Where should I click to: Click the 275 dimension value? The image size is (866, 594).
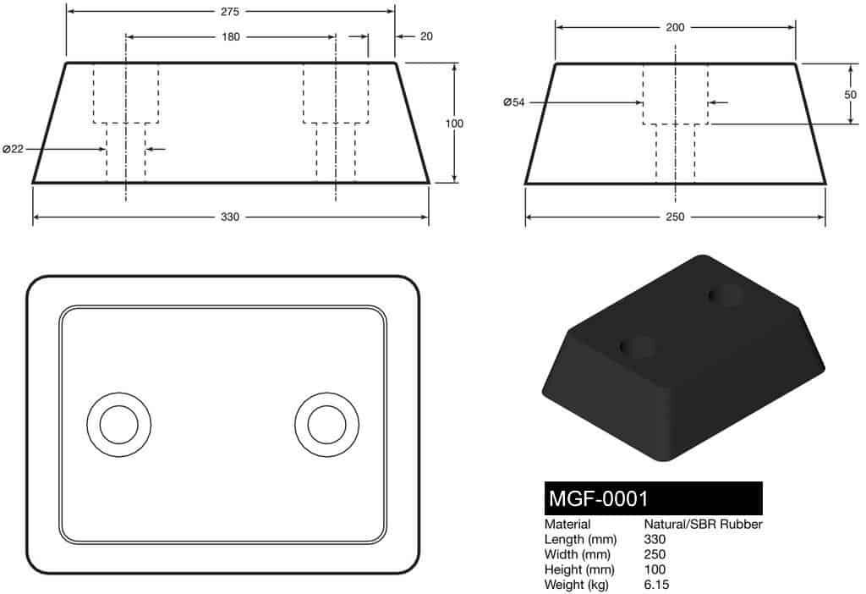point(230,12)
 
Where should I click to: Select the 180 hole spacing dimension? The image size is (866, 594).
point(230,37)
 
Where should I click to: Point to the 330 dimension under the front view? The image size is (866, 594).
point(230,217)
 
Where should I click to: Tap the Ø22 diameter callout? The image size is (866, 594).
point(13,150)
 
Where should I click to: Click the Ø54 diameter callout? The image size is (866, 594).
point(513,102)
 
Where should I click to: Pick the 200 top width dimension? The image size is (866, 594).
point(675,27)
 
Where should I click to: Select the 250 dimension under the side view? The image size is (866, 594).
point(675,217)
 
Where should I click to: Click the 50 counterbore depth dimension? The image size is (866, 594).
point(850,95)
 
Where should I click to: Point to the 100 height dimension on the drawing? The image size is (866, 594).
point(454,124)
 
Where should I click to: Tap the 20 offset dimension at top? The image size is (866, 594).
point(425,37)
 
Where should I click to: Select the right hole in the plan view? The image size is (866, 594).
point(326,425)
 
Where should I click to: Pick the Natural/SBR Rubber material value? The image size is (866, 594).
point(703,525)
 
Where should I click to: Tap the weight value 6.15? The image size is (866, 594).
point(657,585)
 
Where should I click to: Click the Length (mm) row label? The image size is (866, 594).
point(580,540)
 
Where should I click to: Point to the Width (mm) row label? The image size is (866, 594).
point(578,554)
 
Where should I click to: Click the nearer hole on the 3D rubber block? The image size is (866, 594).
point(639,347)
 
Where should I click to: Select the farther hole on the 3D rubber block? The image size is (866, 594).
point(726,295)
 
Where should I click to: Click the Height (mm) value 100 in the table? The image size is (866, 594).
point(655,569)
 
